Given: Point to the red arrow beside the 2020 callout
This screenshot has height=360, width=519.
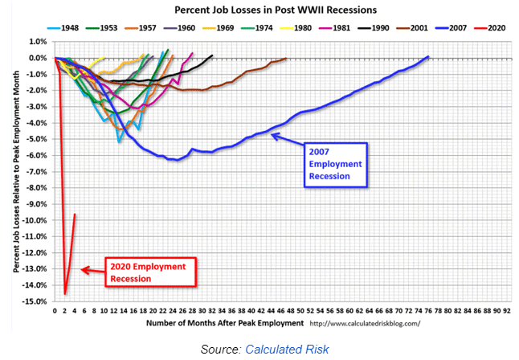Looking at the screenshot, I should (x=92, y=271).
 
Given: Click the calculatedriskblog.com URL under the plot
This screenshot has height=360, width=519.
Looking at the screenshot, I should (x=365, y=323).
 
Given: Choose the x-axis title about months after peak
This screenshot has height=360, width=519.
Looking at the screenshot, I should (x=226, y=323).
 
